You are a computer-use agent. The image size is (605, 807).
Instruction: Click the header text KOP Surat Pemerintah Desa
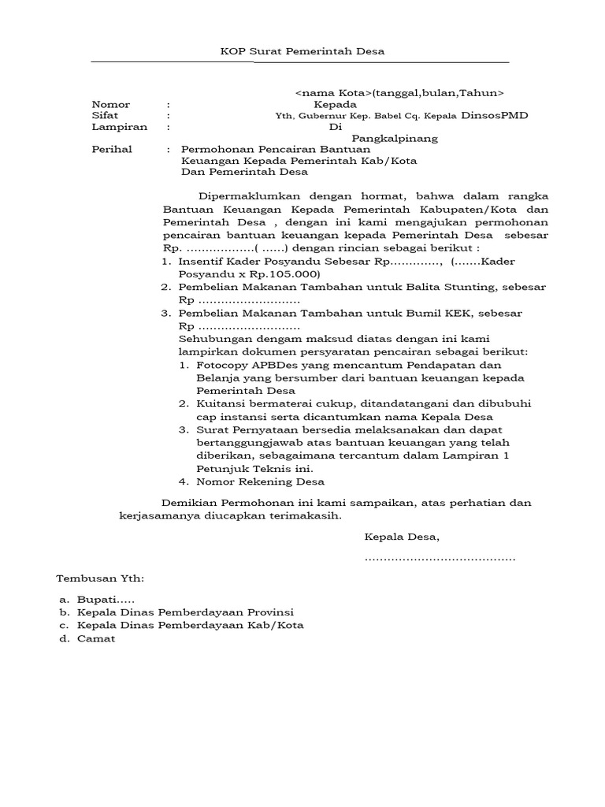click(300, 52)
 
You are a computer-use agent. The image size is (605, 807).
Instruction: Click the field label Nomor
click(110, 104)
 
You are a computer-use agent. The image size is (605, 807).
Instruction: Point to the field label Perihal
click(112, 149)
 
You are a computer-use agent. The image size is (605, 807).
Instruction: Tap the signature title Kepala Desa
click(402, 537)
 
